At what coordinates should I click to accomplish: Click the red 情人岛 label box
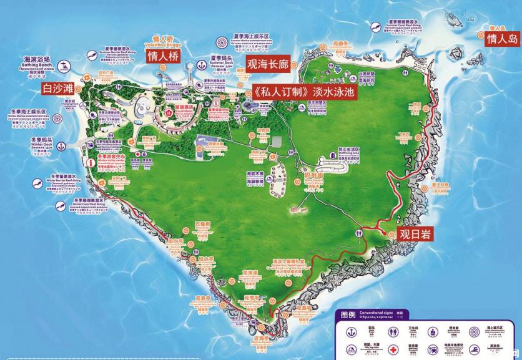[x=503, y=39]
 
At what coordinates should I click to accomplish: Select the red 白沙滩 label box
[x=57, y=89]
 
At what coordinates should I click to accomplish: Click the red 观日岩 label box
[x=414, y=234]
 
